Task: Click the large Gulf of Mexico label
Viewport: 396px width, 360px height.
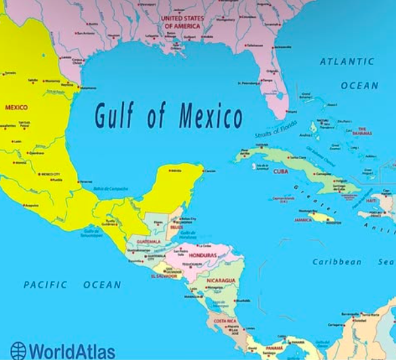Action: click(169, 116)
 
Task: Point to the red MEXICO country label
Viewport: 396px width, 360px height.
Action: click(16, 107)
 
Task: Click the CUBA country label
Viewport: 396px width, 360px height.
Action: click(280, 171)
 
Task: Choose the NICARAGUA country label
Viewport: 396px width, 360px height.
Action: click(221, 281)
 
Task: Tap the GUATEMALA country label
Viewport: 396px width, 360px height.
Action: click(148, 241)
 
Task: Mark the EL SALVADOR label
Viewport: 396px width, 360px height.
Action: click(164, 276)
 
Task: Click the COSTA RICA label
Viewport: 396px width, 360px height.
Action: click(225, 321)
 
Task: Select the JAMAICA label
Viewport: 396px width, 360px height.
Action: click(303, 220)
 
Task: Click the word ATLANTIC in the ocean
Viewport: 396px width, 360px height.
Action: click(347, 61)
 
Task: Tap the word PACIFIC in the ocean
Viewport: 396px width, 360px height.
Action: click(45, 284)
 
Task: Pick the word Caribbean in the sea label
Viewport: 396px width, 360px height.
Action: click(336, 261)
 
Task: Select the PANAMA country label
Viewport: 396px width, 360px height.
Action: click(274, 348)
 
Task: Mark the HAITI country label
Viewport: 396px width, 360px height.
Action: click(372, 200)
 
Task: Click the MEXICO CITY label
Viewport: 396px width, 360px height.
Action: click(51, 174)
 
